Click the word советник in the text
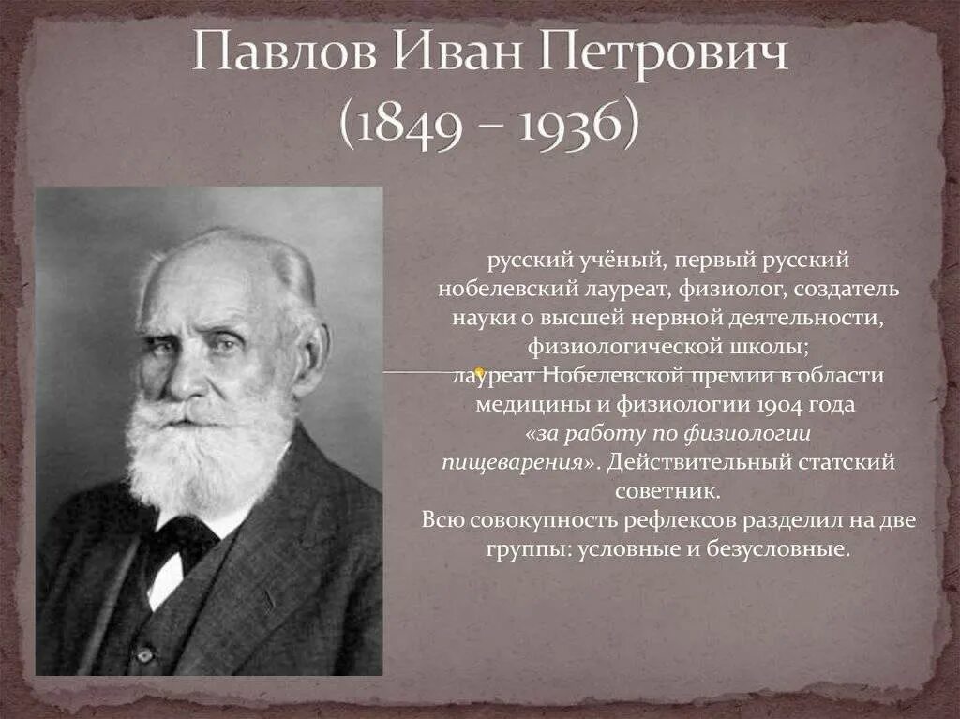click(x=668, y=490)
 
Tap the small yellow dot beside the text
click(x=479, y=372)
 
